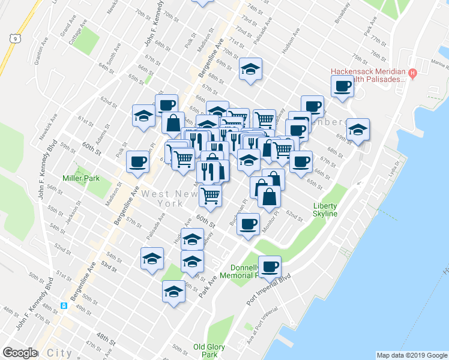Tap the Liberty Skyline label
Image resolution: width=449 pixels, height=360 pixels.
[325, 210]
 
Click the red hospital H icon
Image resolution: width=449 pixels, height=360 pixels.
[412, 74]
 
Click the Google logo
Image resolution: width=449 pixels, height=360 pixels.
[20, 352]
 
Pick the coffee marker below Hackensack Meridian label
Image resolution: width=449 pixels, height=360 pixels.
[342, 86]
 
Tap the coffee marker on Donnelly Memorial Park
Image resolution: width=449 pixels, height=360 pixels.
[270, 266]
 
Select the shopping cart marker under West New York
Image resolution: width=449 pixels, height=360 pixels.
[210, 194]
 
